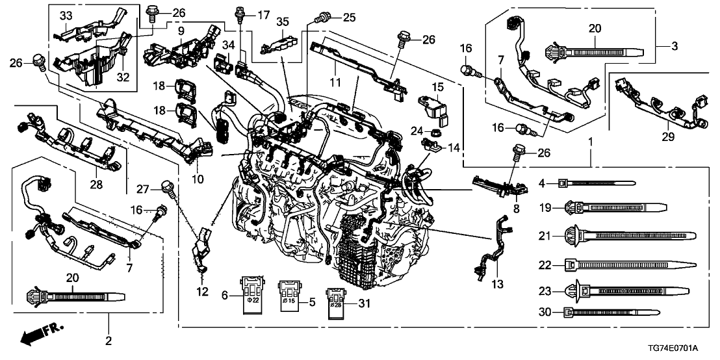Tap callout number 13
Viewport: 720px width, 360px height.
point(498,285)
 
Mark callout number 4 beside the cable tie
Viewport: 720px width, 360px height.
point(542,184)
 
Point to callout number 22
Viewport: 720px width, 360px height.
point(545,265)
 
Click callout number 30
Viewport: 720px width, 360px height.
point(545,313)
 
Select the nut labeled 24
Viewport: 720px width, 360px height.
point(430,133)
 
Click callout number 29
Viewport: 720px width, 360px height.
point(668,137)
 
